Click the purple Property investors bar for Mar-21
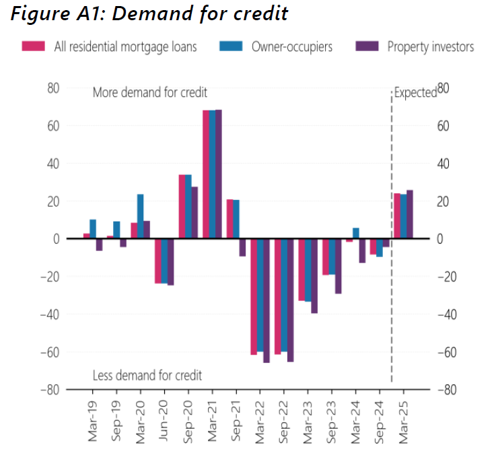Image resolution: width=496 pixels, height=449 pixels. click(x=218, y=174)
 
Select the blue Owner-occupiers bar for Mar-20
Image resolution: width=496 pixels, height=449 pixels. click(x=141, y=216)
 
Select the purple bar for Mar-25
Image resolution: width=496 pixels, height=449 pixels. click(x=410, y=214)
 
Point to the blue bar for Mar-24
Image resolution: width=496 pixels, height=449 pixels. click(x=356, y=233)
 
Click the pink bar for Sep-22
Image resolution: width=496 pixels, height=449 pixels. click(x=277, y=296)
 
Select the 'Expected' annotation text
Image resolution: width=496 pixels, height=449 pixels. click(x=415, y=93)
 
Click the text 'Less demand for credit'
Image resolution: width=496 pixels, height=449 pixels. click(x=147, y=376)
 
